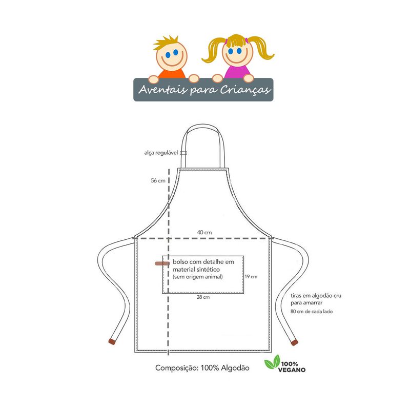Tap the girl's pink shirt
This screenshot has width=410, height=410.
click(237, 71)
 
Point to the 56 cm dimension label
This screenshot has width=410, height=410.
click(158, 180)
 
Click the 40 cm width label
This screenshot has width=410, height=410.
click(204, 232)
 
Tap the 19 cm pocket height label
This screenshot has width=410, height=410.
click(251, 277)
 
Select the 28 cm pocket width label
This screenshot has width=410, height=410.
click(203, 297)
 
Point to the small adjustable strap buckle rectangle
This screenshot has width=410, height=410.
click(183, 153)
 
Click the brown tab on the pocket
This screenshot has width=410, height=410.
click(162, 263)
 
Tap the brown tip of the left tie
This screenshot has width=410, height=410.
click(112, 341)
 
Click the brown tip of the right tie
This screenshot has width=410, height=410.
click(294, 341)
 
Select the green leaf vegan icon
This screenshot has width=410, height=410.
click(272, 365)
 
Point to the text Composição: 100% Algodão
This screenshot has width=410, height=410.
click(202, 368)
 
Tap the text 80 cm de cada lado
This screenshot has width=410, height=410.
click(312, 311)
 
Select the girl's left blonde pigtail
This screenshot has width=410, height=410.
click(212, 51)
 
